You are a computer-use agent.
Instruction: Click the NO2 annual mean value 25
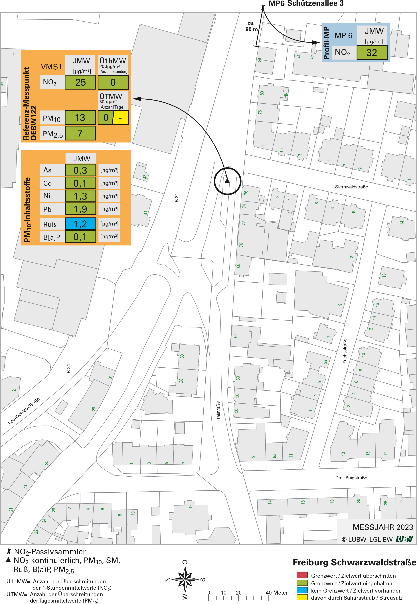tap(80, 82)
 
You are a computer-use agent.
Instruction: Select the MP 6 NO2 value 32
tap(372, 53)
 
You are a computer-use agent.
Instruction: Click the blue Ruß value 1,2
tap(80, 224)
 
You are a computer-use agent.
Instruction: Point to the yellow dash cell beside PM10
tap(120, 118)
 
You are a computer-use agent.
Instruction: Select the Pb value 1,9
tap(80, 209)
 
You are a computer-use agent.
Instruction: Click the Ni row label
tap(47, 196)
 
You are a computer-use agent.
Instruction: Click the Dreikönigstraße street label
tap(351, 478)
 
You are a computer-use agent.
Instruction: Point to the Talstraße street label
tap(218, 410)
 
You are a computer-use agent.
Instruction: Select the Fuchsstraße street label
tap(345, 351)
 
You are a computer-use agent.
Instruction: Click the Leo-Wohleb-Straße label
tap(24, 411)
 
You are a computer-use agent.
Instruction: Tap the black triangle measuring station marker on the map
tap(227, 181)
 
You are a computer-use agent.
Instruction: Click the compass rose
tap(185, 580)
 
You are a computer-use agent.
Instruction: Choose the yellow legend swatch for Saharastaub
tap(302, 597)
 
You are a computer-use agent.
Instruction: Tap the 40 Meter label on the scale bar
tap(276, 593)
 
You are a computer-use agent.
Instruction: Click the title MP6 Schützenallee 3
tap(306, 4)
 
